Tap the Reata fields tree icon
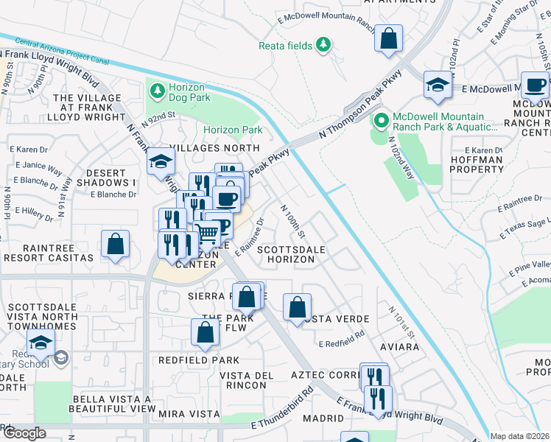[x=323, y=46]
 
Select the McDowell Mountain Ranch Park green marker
[x=381, y=121]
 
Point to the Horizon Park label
[x=233, y=130]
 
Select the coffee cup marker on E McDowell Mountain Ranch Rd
[x=535, y=85]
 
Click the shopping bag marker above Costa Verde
[x=297, y=308]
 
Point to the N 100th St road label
[x=293, y=221]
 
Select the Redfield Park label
[x=199, y=360]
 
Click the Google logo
[x=24, y=433]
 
